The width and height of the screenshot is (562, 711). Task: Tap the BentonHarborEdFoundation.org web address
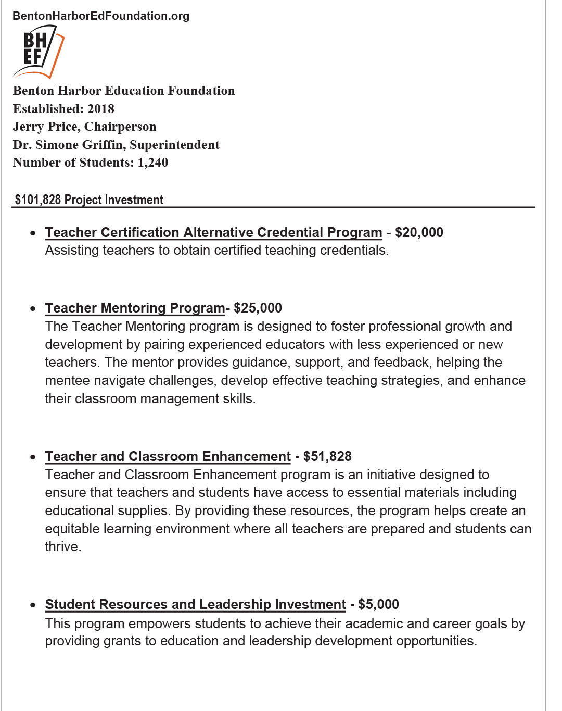(x=101, y=16)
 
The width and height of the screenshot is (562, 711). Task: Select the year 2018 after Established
(x=101, y=109)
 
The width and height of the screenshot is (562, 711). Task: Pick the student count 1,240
(x=152, y=163)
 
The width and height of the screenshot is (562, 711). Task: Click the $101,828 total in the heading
(x=37, y=200)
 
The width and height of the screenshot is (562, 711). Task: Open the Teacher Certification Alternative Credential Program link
(x=213, y=232)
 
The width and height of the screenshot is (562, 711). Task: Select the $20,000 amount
(x=419, y=232)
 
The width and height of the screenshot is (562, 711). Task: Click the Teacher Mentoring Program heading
(x=135, y=308)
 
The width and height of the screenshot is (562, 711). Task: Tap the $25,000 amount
(x=258, y=308)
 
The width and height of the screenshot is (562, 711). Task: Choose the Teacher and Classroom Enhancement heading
(x=168, y=456)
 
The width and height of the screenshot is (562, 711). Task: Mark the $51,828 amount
(x=327, y=456)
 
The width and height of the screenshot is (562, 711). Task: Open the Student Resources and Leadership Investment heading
(x=195, y=604)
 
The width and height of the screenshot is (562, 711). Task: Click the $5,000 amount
(x=378, y=604)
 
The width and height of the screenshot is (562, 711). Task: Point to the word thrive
(x=62, y=546)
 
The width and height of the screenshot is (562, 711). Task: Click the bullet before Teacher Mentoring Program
(x=33, y=308)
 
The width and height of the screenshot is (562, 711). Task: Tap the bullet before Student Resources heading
(x=33, y=605)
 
